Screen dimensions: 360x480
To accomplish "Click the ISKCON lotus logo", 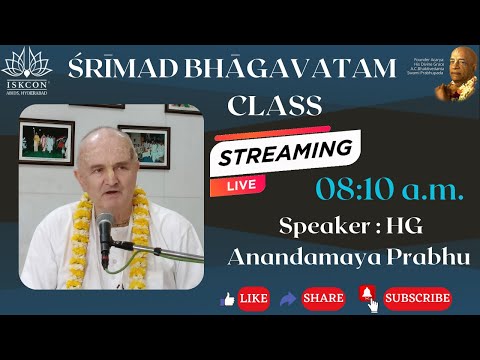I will pyautogui.click(x=25, y=66).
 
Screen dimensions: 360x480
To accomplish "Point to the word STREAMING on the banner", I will pyautogui.click(x=287, y=158).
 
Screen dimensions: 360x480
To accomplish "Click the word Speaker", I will pyautogui.click(x=312, y=226).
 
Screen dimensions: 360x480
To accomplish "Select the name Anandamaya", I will pyautogui.click(x=294, y=257).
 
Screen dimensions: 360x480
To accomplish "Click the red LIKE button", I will pyautogui.click(x=253, y=298).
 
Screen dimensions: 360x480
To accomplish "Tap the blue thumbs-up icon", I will pyautogui.click(x=227, y=298).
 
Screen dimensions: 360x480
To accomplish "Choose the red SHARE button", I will pyautogui.click(x=322, y=298).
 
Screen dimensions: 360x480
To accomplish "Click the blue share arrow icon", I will pyautogui.click(x=291, y=298).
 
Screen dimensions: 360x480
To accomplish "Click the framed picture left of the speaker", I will pyautogui.click(x=46, y=140).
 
